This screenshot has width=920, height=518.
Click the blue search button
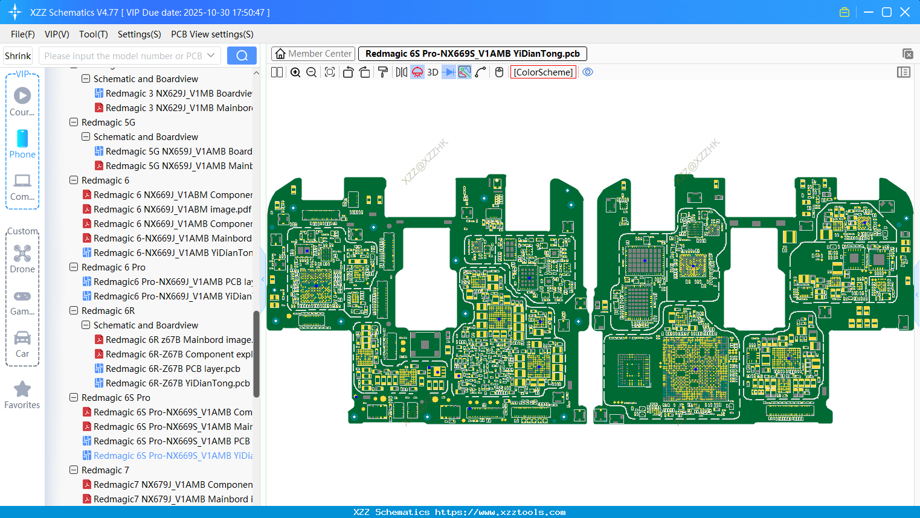click(242, 56)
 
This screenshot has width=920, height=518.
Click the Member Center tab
click(313, 54)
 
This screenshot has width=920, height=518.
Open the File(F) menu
click(23, 34)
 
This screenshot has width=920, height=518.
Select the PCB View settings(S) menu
click(212, 34)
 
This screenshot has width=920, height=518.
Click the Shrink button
click(18, 56)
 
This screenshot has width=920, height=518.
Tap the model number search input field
click(123, 56)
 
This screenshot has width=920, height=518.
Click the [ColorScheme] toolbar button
click(543, 72)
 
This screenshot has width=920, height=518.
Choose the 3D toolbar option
click(433, 72)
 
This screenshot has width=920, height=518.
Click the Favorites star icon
click(22, 389)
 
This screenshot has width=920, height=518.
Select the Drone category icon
click(22, 254)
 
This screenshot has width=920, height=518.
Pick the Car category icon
click(22, 338)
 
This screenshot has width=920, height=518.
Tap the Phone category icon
click(22, 139)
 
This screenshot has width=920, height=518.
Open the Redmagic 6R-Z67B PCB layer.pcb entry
click(173, 369)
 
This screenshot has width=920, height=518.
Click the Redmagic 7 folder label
click(105, 470)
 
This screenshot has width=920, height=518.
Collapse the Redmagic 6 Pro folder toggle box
click(74, 267)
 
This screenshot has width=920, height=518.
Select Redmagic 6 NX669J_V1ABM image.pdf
click(172, 209)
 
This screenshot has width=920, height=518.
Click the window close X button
click(905, 12)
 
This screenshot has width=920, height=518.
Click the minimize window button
click(869, 12)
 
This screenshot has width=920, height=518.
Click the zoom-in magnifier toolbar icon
click(295, 72)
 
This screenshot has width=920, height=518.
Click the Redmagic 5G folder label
click(108, 123)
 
